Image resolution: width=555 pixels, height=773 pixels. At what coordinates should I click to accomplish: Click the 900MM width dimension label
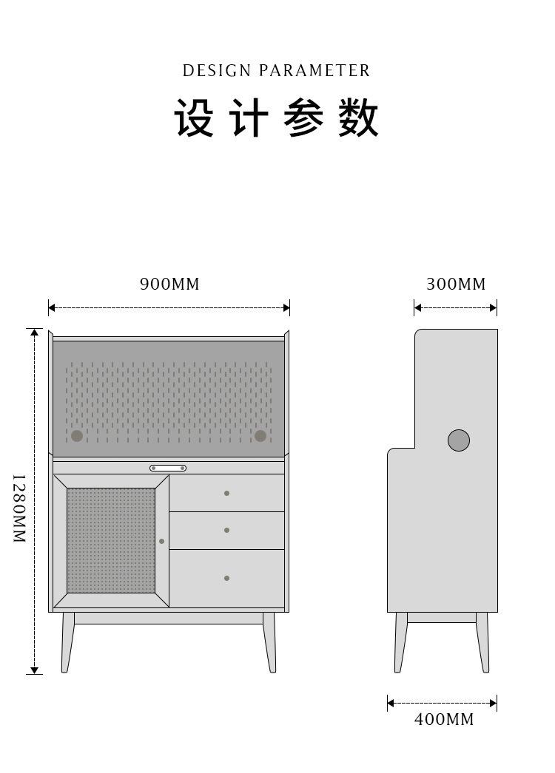pyautogui.click(x=169, y=284)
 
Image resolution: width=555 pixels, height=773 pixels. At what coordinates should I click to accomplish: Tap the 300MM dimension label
pyautogui.click(x=456, y=284)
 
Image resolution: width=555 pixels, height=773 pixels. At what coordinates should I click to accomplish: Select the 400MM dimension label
pyautogui.click(x=444, y=719)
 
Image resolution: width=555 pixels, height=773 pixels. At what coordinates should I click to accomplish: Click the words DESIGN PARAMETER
pyautogui.click(x=276, y=71)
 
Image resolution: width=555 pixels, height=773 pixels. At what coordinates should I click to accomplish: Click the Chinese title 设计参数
pyautogui.click(x=277, y=118)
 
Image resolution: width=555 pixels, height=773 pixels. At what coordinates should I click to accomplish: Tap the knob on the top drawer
pyautogui.click(x=226, y=493)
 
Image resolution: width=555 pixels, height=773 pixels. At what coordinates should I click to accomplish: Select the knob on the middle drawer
pyautogui.click(x=226, y=530)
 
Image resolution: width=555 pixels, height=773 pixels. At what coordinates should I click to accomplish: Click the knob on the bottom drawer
pyautogui.click(x=226, y=578)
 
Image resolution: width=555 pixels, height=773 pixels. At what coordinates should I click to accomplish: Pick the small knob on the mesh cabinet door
pyautogui.click(x=161, y=541)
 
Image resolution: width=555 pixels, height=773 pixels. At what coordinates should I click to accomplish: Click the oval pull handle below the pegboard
pyautogui.click(x=168, y=468)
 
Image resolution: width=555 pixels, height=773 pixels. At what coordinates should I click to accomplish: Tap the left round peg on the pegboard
pyautogui.click(x=77, y=436)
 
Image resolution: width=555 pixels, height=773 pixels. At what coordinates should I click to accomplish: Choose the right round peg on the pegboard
pyautogui.click(x=260, y=436)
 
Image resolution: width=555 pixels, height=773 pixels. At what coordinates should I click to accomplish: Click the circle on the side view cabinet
pyautogui.click(x=459, y=440)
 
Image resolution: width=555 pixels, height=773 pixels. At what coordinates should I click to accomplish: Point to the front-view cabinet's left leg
pyautogui.click(x=67, y=643)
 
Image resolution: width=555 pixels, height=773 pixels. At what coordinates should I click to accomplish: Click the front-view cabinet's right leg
pyautogui.click(x=269, y=643)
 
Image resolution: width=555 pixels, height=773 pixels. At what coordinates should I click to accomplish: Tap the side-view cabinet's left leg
pyautogui.click(x=401, y=643)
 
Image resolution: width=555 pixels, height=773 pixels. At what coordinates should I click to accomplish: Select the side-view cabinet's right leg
pyautogui.click(x=482, y=643)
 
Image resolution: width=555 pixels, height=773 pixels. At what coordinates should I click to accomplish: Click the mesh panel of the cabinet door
pyautogui.click(x=111, y=540)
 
